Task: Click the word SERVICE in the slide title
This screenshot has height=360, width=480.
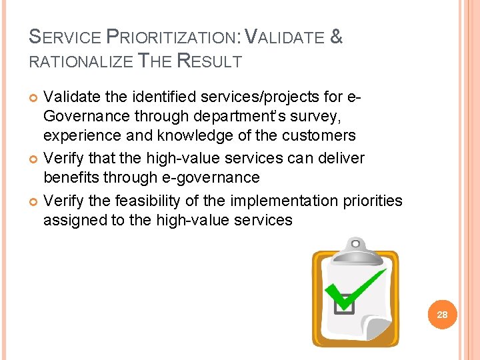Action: tap(65, 38)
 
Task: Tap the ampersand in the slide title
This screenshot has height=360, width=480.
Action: tap(336, 37)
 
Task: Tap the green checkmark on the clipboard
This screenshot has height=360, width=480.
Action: tap(358, 289)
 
